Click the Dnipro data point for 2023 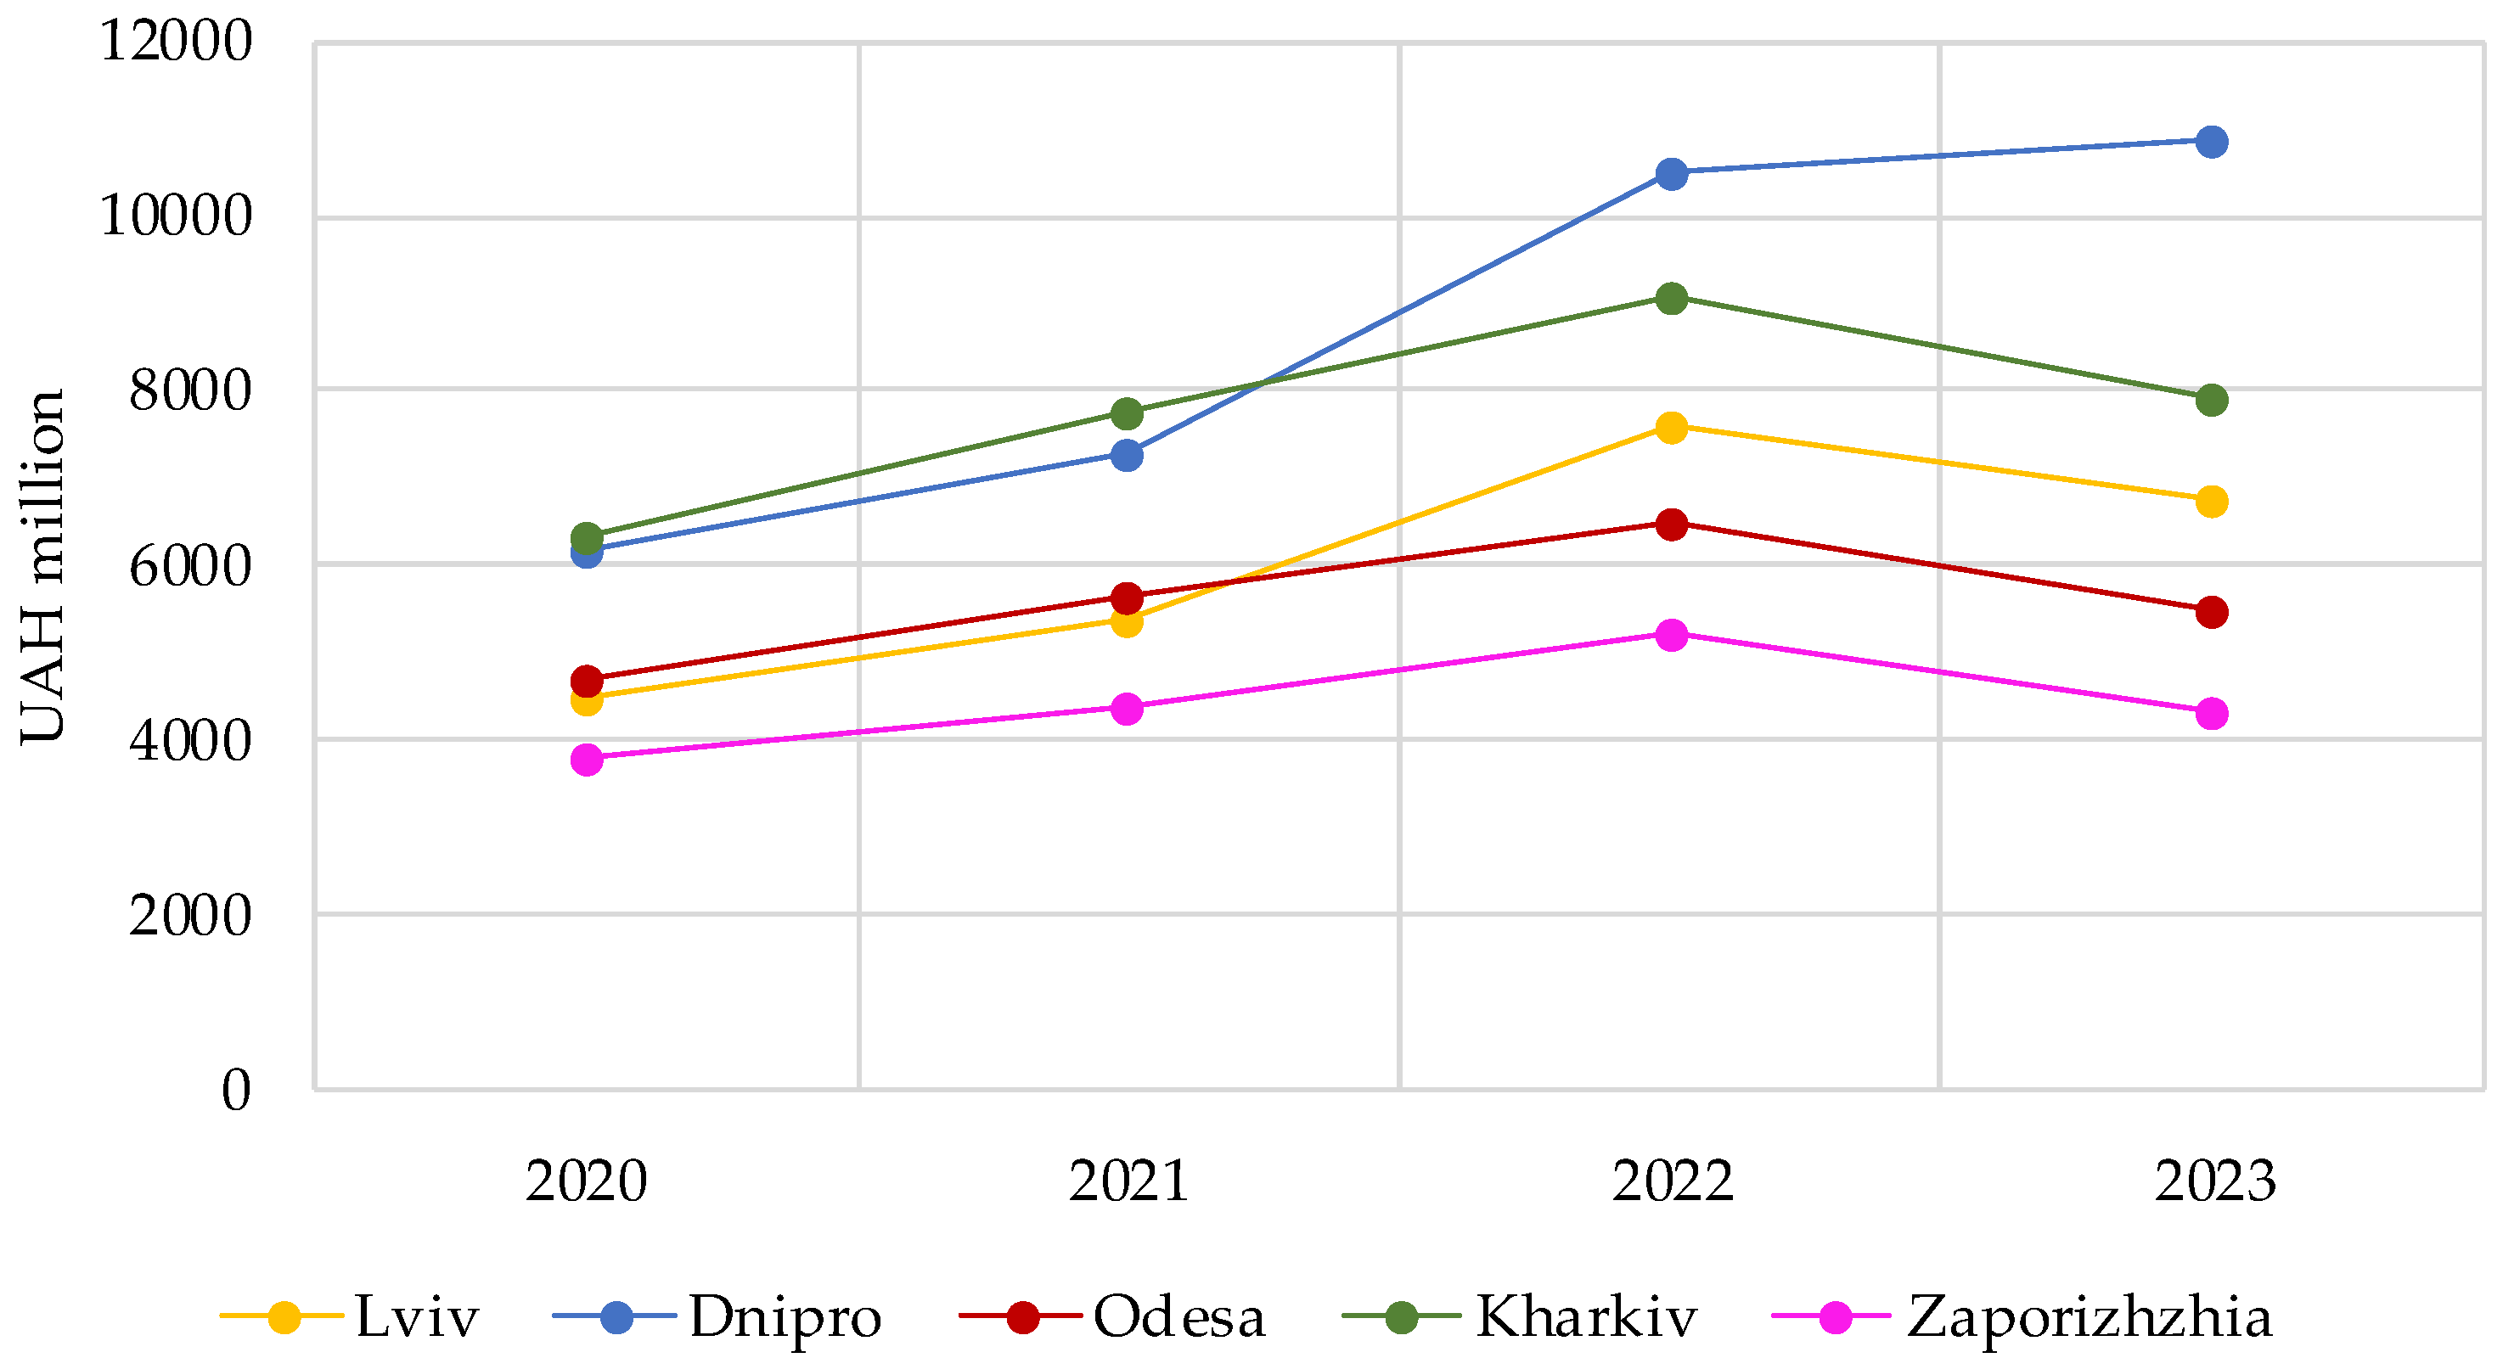click(2211, 142)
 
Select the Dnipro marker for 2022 click(1670, 174)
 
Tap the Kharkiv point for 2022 click(1670, 298)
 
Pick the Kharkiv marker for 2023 click(2211, 400)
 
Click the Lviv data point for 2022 click(1670, 427)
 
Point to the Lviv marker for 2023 click(2211, 502)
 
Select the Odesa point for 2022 click(1670, 525)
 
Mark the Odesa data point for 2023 click(2211, 612)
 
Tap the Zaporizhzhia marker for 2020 click(587, 759)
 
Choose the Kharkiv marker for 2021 click(1126, 414)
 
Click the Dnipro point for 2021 click(1126, 455)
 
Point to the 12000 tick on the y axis click(176, 42)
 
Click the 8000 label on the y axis click(190, 390)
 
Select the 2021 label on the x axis click(1128, 1181)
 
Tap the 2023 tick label click(2214, 1181)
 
